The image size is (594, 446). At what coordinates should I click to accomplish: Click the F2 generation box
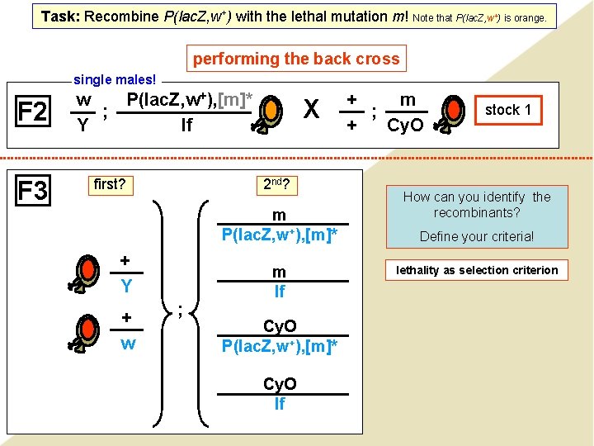pos(32,111)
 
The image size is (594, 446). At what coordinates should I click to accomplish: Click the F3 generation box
pos(32,192)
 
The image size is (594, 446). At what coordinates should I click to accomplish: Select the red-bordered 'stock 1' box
pos(508,110)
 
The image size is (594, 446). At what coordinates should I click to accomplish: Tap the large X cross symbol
pos(311,110)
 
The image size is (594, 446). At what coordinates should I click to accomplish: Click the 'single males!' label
pos(115,80)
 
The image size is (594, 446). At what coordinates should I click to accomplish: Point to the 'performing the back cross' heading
pos(296,59)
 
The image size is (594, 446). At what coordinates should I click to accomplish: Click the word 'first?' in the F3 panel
pos(110,183)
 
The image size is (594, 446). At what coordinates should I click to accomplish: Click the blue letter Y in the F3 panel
pos(126,287)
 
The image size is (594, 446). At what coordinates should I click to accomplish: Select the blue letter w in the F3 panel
pos(127,343)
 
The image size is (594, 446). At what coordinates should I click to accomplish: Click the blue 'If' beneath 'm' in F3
pos(279,292)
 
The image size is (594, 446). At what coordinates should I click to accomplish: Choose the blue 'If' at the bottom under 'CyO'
pos(279,404)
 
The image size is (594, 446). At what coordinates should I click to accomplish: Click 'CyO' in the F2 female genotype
pos(405,126)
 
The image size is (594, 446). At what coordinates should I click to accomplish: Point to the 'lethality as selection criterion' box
pos(477,270)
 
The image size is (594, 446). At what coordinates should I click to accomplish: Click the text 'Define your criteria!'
pos(477,236)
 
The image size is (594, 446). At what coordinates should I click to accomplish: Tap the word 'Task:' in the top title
pos(59,17)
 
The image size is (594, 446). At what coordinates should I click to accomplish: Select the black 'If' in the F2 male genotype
pos(186,126)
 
